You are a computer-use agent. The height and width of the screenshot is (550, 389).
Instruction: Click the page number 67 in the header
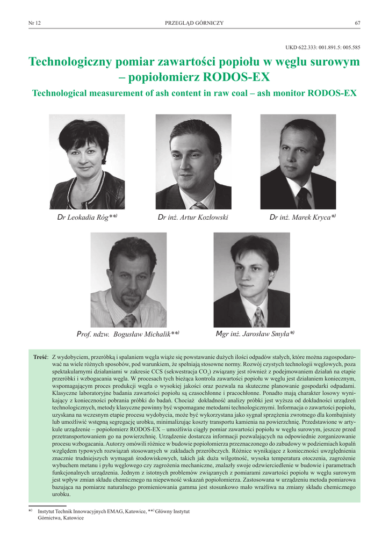click(357, 23)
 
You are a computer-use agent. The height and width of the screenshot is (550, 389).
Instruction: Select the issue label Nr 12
click(34, 23)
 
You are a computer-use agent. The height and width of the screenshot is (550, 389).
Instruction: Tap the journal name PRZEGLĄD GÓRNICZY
click(194, 23)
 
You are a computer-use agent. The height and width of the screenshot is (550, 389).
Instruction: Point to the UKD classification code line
click(322, 47)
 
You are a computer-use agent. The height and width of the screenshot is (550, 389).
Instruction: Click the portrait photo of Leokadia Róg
click(87, 161)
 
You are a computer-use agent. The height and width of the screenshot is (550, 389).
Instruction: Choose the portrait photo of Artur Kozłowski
click(193, 161)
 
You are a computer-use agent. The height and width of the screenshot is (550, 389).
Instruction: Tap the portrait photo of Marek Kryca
click(298, 161)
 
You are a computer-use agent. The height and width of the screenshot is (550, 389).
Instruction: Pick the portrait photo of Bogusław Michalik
click(128, 279)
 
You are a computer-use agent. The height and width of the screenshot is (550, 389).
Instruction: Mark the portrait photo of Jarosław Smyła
click(251, 279)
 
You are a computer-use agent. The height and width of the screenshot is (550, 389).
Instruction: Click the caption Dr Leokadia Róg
click(87, 218)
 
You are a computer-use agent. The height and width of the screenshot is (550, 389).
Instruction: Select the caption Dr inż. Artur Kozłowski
click(193, 218)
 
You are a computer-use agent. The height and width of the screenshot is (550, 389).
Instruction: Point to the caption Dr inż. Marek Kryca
click(302, 218)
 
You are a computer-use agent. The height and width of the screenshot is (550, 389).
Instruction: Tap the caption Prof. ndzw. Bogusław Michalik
click(128, 334)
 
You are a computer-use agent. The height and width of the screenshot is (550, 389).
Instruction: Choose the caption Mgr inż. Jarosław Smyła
click(255, 334)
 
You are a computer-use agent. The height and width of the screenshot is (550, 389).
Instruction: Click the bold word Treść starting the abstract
click(41, 357)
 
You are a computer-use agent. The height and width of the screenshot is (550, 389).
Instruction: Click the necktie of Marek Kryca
click(303, 198)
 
